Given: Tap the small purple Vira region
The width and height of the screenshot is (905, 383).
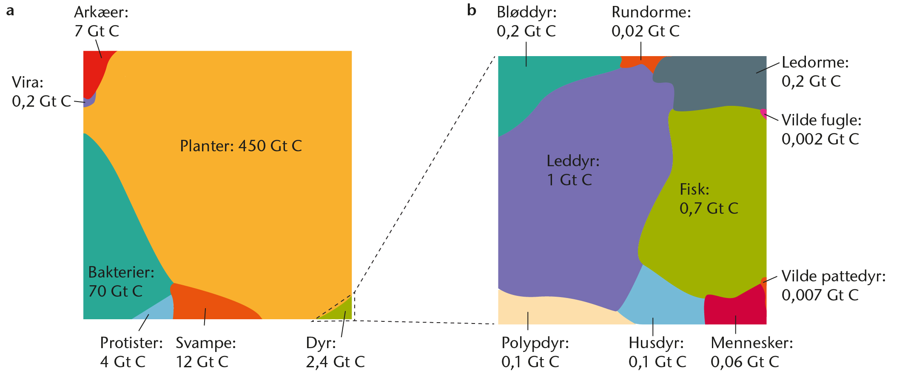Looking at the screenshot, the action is pos(89,101).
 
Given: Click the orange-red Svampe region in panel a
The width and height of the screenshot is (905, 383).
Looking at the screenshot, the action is pos(208,304).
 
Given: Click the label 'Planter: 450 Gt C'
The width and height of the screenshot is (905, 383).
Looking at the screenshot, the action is pos(241,146).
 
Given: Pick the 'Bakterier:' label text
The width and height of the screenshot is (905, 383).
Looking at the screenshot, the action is pos(121,272).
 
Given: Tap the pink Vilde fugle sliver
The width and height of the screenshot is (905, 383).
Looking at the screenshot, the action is pos(764,113).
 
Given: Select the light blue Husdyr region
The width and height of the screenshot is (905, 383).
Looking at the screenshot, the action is pos(663,302).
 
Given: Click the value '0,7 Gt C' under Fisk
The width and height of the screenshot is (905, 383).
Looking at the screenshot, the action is pos(709,208).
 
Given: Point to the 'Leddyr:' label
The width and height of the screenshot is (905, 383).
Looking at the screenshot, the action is pos(573,161).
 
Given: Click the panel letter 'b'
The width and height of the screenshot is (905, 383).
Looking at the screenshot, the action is pos(471,10).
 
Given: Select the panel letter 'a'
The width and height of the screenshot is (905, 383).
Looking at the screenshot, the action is pos(10,11).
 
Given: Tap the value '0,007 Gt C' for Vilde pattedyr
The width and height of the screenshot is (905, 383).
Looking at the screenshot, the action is pos(820,295).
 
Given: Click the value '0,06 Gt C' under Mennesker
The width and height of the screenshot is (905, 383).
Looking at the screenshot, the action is pos(745,362).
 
